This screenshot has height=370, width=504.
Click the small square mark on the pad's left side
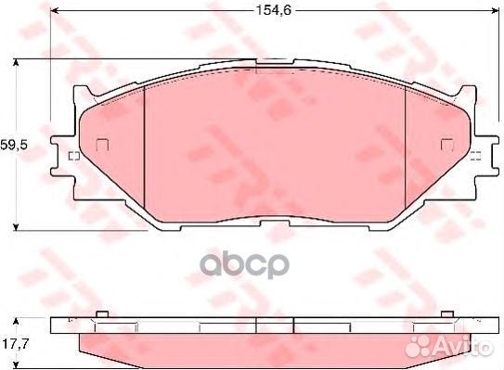point(102,144)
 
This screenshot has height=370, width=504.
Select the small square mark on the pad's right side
point(446,144)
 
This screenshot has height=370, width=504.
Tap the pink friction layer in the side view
point(275,345)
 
